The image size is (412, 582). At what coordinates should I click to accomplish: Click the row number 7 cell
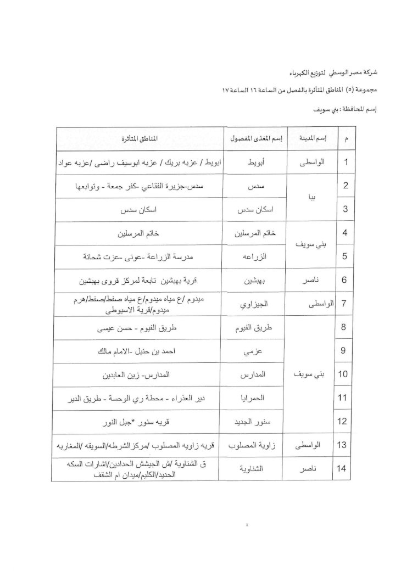click(x=344, y=303)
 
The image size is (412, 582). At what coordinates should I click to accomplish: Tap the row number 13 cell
click(x=344, y=445)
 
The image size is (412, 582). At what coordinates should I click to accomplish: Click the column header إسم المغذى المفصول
click(x=254, y=140)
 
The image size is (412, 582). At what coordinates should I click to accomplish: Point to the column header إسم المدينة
click(x=310, y=140)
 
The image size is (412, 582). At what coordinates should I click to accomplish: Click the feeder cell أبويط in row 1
click(x=254, y=163)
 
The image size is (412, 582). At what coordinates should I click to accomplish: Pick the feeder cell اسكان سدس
click(x=254, y=210)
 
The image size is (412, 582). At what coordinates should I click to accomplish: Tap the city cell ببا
click(x=311, y=198)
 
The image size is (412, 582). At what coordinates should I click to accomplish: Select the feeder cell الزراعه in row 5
click(x=254, y=256)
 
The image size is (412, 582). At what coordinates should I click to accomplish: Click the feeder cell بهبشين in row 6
click(x=254, y=280)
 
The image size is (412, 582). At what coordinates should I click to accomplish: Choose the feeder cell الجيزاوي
click(x=254, y=303)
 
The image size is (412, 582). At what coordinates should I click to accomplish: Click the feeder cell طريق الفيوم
click(x=254, y=328)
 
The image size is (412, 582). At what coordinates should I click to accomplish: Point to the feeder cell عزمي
click(x=254, y=352)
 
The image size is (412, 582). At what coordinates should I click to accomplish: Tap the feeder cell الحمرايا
click(x=254, y=399)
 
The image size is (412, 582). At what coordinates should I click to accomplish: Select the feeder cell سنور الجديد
click(x=254, y=422)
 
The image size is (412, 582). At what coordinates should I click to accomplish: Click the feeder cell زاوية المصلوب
click(x=254, y=445)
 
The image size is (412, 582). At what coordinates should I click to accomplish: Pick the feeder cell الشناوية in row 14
click(x=254, y=469)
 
